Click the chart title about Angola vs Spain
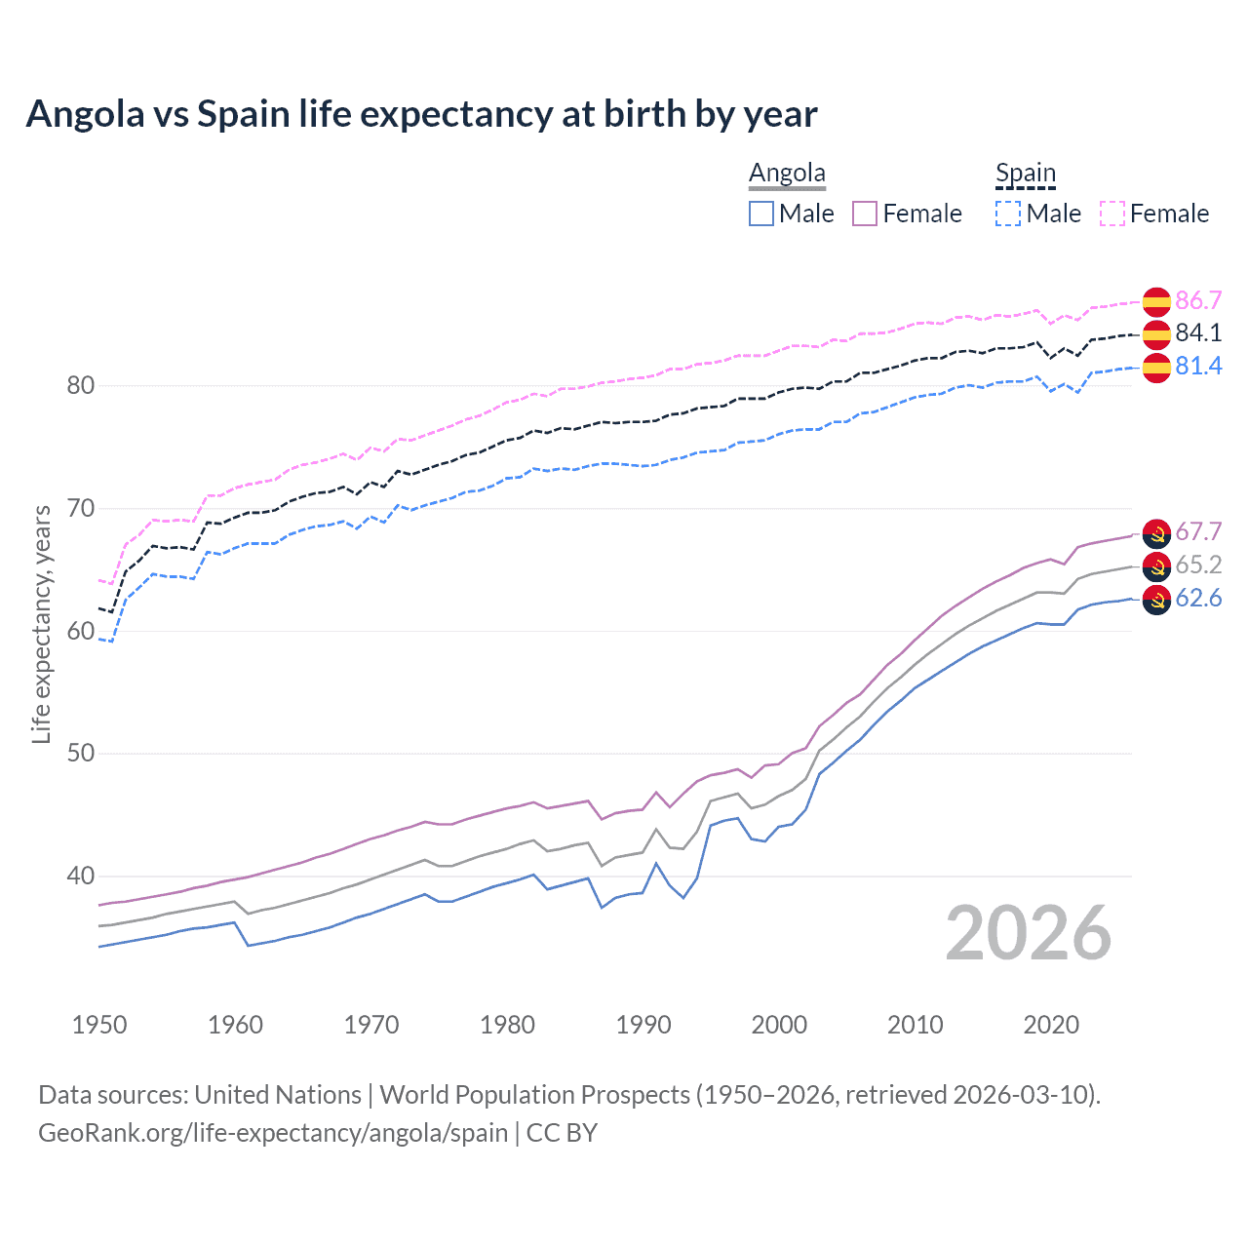pos(421,114)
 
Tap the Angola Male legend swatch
pos(761,214)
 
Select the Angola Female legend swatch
pos(865,214)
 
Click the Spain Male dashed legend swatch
pos(1008,214)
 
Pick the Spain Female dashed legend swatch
pos(1112,214)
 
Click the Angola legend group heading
pos(787,173)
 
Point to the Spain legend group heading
pos(1025,173)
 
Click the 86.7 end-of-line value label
pos(1198,300)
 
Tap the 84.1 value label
pos(1198,333)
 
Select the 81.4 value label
pos(1198,367)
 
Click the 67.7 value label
pos(1198,532)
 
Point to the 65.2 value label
pos(1198,565)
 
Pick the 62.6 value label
pos(1198,599)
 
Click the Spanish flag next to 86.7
pos(1156,301)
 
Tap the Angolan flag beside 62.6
pos(1156,600)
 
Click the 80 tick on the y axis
pos(81,386)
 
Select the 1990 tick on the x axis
pos(643,1025)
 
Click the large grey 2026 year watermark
pos(1029,933)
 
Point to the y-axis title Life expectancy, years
pos(41,624)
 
